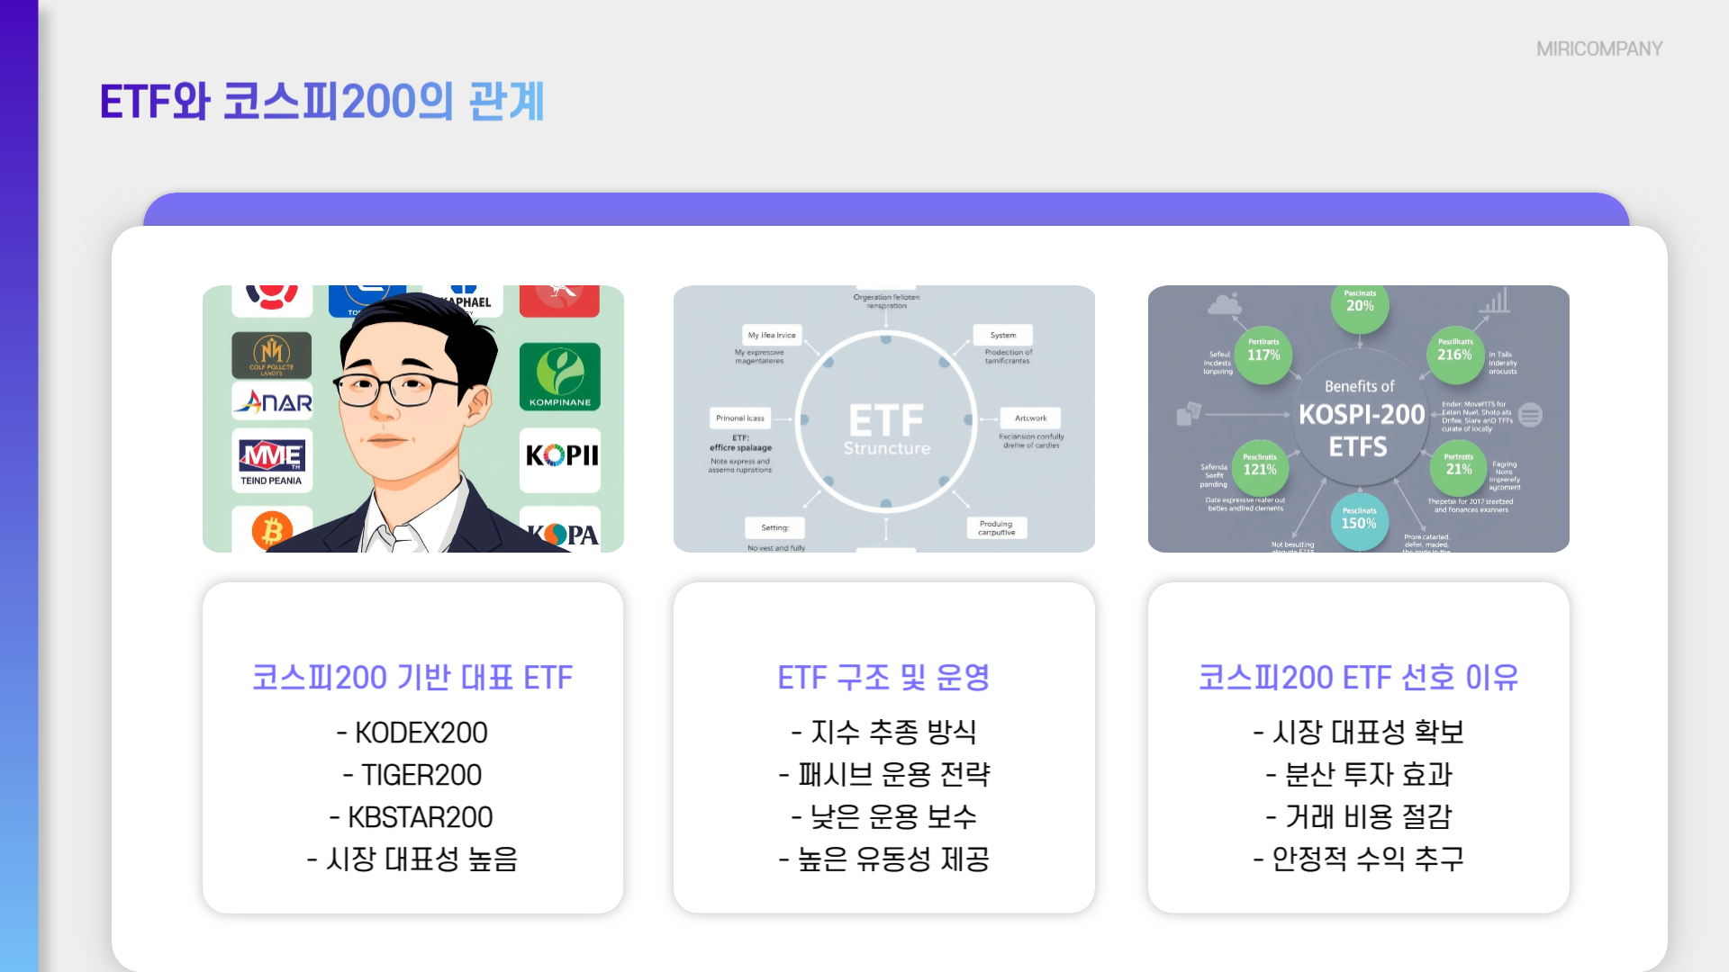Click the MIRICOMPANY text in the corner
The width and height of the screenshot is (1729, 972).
(1598, 49)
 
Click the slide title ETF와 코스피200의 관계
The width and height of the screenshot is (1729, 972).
(321, 101)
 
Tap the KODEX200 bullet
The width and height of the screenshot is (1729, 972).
(412, 733)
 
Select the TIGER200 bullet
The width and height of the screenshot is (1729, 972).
(412, 775)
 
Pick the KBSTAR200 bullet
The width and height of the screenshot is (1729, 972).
(412, 817)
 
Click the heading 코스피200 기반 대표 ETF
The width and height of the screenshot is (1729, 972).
(412, 678)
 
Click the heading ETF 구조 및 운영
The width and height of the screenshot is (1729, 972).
(883, 678)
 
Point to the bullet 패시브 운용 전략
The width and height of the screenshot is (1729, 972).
(883, 775)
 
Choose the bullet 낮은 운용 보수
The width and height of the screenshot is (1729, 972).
(883, 817)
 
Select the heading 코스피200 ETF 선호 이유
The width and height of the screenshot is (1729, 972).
(1358, 678)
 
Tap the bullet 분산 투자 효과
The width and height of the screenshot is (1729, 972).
(1358, 775)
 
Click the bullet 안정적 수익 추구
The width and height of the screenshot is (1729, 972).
(1358, 859)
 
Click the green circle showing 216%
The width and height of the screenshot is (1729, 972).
(1454, 353)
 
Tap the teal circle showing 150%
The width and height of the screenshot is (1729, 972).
(1359, 521)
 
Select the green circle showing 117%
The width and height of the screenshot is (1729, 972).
(1263, 353)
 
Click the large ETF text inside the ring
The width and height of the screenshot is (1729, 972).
(886, 420)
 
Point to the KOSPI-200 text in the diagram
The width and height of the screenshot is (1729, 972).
(1361, 415)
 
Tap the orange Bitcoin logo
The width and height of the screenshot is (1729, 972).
(272, 531)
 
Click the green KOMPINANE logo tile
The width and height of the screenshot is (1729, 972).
(559, 377)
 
